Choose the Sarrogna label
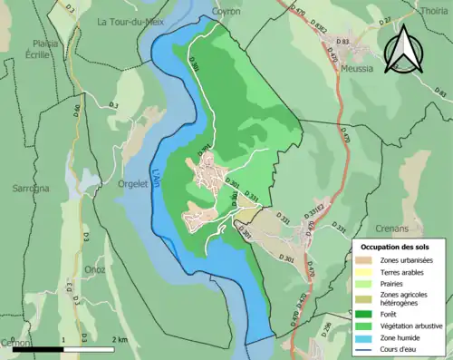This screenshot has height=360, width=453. coord(32,189)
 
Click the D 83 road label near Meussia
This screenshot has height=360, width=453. coord(342,42)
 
